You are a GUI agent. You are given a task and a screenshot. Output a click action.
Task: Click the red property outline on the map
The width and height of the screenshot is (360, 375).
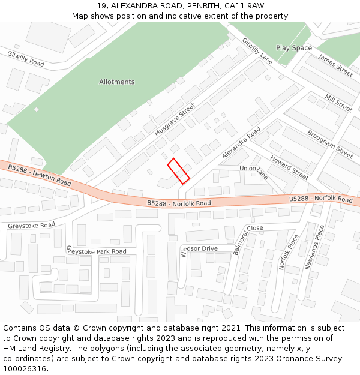coord(178,171)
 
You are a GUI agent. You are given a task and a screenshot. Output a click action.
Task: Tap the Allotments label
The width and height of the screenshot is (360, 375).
coord(117,82)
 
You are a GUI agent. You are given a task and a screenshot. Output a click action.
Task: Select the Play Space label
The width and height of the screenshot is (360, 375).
coord(294,47)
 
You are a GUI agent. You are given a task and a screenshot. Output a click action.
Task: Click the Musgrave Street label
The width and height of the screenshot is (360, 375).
coord(175,119)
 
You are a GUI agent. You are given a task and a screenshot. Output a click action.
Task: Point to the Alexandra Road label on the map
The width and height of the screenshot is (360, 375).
coord(241,143)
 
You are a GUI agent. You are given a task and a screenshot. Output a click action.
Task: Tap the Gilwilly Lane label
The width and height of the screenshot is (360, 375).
coord(257,51)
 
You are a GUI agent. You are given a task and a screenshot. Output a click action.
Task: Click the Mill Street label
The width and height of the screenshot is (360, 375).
coord(338,103)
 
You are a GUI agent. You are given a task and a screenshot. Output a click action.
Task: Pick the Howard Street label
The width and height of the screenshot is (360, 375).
coord(289,167)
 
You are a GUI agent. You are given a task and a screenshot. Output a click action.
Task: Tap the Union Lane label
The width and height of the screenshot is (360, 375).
coord(254,172)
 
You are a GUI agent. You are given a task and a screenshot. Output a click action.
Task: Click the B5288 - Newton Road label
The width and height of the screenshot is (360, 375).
coord(40,174)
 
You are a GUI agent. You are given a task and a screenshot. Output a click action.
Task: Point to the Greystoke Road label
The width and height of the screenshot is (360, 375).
coord(31,226)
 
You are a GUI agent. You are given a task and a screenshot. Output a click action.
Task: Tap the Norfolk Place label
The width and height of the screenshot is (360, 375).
coord(289,251)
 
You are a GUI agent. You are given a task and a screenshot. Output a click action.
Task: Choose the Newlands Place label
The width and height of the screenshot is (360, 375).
coord(316,247)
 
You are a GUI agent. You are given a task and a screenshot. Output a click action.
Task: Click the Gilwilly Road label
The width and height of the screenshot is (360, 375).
coord(26,59)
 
